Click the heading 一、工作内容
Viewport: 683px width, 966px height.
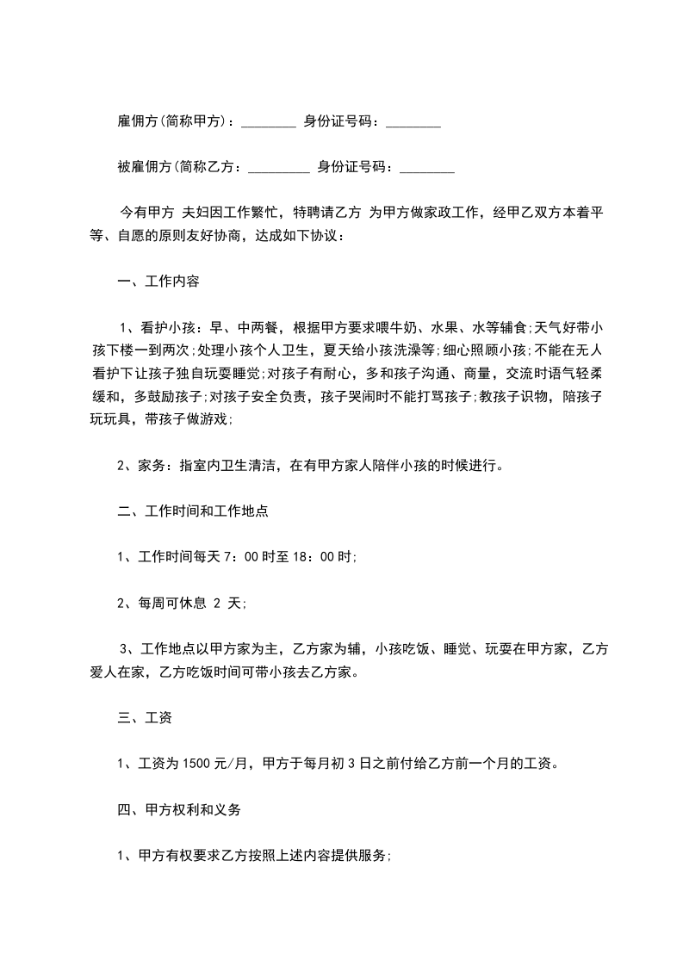(x=158, y=282)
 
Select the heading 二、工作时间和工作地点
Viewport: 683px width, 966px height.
(x=193, y=511)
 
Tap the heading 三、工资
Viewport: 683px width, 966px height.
(x=145, y=717)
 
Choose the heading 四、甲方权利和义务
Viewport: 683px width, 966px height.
(x=179, y=809)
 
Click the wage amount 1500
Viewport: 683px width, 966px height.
(x=208, y=763)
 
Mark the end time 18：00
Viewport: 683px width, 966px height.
(x=313, y=557)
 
